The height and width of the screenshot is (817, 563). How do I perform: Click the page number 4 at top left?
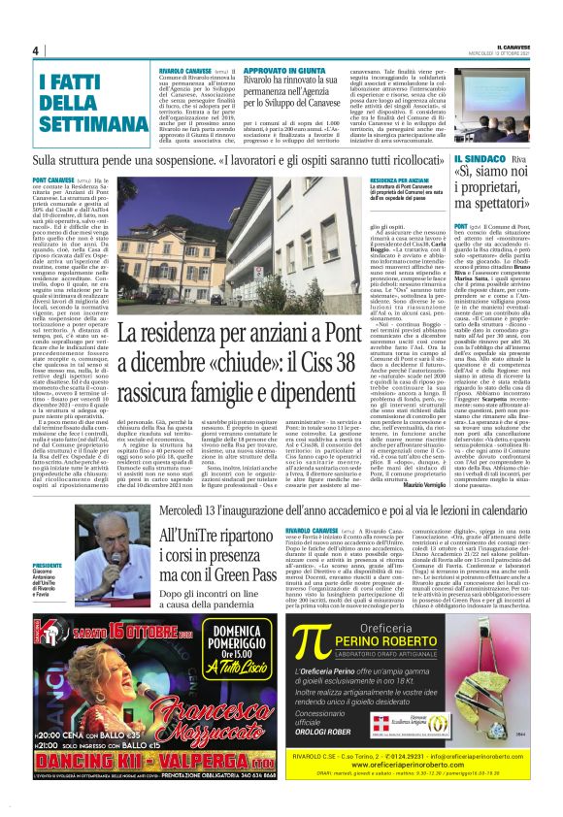click(34, 50)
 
